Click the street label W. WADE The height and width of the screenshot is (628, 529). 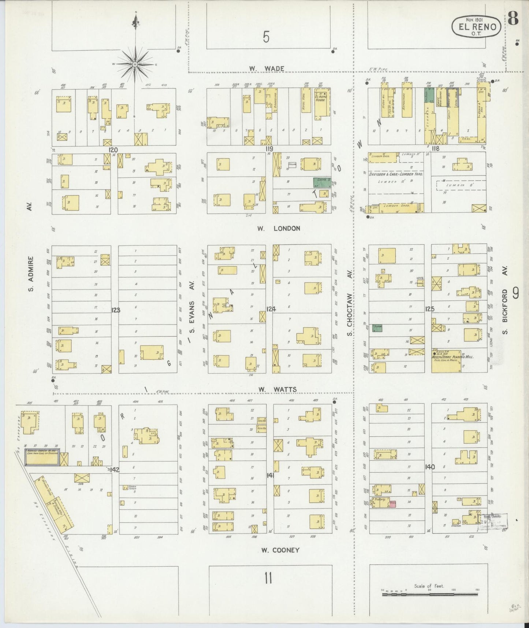tap(262, 68)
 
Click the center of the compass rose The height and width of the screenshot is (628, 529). tap(135, 64)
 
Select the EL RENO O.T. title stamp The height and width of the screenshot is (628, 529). tap(476, 26)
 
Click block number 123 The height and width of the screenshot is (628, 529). tap(116, 310)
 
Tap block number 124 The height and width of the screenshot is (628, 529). tap(271, 309)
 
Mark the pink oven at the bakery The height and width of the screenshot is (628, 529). tap(393, 503)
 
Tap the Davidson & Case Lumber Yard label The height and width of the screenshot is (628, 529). tap(395, 174)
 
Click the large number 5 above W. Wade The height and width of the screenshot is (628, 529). tap(266, 37)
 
